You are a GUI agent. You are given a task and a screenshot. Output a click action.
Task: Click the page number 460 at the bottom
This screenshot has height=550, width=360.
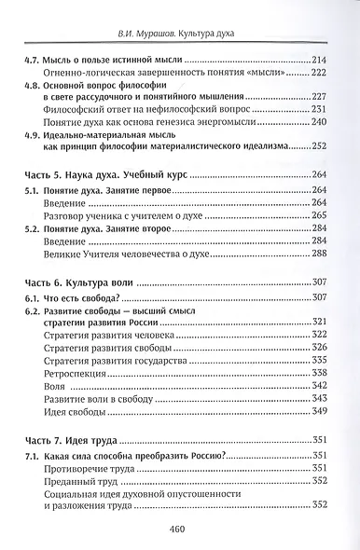181,527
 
